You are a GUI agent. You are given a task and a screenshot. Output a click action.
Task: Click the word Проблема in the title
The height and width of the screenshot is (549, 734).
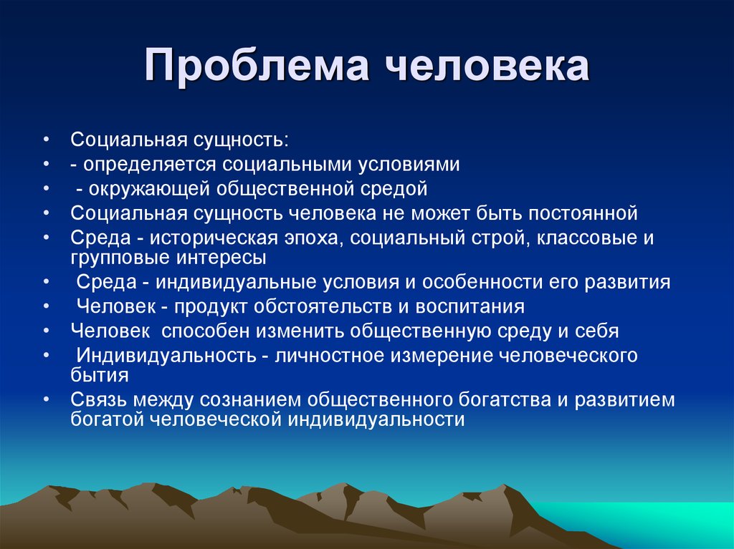[256, 66]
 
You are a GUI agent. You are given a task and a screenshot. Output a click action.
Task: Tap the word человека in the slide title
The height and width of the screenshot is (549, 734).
[487, 66]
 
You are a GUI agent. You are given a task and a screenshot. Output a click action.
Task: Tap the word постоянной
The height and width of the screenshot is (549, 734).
[583, 213]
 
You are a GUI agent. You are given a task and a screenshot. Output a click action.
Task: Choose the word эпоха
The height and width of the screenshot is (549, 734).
[315, 238]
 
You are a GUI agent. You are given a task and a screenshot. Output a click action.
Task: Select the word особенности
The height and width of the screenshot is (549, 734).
[482, 282]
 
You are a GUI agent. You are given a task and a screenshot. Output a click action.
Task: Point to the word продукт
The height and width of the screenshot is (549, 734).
[211, 307]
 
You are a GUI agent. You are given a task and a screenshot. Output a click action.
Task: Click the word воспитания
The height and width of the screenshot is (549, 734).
[470, 307]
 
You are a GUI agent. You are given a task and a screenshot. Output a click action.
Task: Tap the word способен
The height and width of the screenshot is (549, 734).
[206, 331]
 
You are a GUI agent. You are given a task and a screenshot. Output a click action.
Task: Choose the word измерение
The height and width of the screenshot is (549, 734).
[441, 356]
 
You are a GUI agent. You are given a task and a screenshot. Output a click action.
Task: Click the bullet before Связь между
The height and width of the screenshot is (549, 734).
[45, 400]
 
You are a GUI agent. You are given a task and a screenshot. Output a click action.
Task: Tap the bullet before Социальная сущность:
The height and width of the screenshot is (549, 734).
[45, 140]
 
